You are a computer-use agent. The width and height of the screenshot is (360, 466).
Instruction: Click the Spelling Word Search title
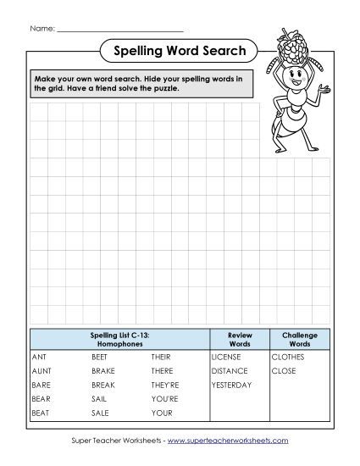pyautogui.click(x=179, y=52)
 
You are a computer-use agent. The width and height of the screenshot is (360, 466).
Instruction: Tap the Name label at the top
pyautogui.click(x=42, y=28)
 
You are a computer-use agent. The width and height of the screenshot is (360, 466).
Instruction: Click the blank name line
pyautogui.click(x=118, y=31)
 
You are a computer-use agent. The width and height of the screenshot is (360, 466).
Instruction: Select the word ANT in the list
pyautogui.click(x=38, y=358)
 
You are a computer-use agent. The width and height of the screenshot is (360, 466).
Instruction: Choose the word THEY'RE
pyautogui.click(x=165, y=385)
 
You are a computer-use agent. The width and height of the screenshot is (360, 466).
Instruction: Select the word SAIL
pyautogui.click(x=99, y=399)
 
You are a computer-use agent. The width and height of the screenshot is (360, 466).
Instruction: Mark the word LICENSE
pyautogui.click(x=226, y=358)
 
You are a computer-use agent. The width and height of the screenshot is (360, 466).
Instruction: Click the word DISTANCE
pyautogui.click(x=230, y=371)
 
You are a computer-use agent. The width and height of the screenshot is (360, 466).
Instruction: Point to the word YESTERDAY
pyautogui.click(x=231, y=385)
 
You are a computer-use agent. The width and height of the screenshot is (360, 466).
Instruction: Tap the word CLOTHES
pyautogui.click(x=288, y=358)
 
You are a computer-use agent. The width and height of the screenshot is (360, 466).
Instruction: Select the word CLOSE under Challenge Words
pyautogui.click(x=284, y=371)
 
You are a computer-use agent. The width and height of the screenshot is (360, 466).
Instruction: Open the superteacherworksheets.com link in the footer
pyautogui.click(x=239, y=441)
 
